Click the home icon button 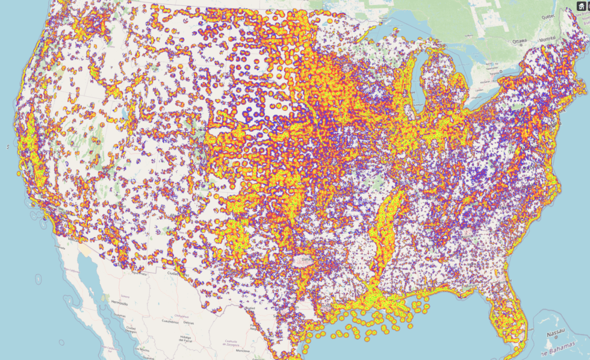point(581,6)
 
